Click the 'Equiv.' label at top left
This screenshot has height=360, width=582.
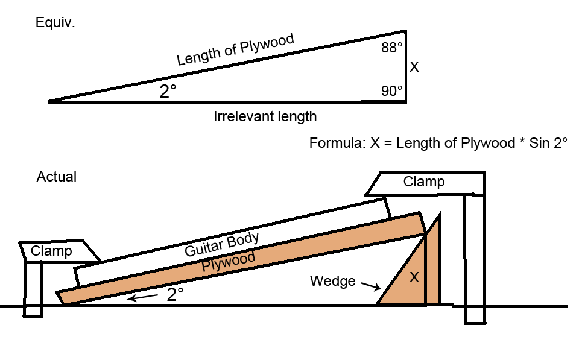(x=55, y=23)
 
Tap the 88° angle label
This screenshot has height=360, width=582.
(x=391, y=49)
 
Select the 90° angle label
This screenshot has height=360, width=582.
(x=391, y=91)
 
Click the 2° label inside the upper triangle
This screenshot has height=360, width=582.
(x=168, y=92)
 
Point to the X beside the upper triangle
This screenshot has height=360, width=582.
(x=414, y=68)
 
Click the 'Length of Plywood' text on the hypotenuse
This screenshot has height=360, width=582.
(x=235, y=50)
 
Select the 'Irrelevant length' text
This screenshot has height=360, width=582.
(x=265, y=116)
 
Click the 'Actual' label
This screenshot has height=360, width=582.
(x=56, y=177)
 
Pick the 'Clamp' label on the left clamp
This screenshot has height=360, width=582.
(x=51, y=251)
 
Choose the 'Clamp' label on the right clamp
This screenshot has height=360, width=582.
(x=424, y=182)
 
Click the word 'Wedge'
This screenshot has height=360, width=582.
(x=332, y=281)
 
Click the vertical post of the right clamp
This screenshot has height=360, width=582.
(x=474, y=259)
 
